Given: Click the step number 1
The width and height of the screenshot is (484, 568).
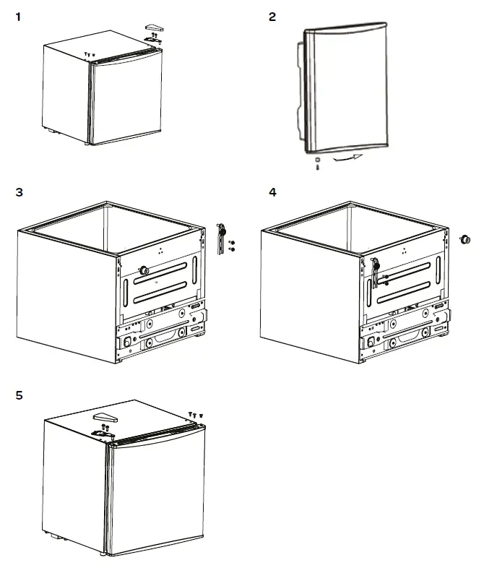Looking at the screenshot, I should pyautogui.click(x=20, y=17).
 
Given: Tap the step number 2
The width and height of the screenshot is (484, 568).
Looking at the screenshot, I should pyautogui.click(x=272, y=17).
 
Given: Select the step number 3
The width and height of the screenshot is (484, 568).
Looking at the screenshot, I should pyautogui.click(x=20, y=192).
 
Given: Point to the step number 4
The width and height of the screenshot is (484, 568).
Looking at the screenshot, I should pyautogui.click(x=272, y=192).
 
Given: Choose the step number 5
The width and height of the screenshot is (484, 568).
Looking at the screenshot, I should pyautogui.click(x=20, y=395).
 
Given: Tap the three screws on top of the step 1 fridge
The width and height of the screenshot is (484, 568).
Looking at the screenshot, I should pyautogui.click(x=89, y=54).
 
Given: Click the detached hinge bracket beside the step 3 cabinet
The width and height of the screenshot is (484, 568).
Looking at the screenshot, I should pyautogui.click(x=221, y=238).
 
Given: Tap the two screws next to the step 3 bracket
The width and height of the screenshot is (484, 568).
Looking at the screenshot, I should pyautogui.click(x=231, y=245).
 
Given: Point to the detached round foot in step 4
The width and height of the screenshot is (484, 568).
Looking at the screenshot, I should pyautogui.click(x=466, y=239).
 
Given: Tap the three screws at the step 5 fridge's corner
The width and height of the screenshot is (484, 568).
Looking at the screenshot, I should pyautogui.click(x=194, y=414).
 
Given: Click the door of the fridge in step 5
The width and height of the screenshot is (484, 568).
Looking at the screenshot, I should pyautogui.click(x=155, y=495).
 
